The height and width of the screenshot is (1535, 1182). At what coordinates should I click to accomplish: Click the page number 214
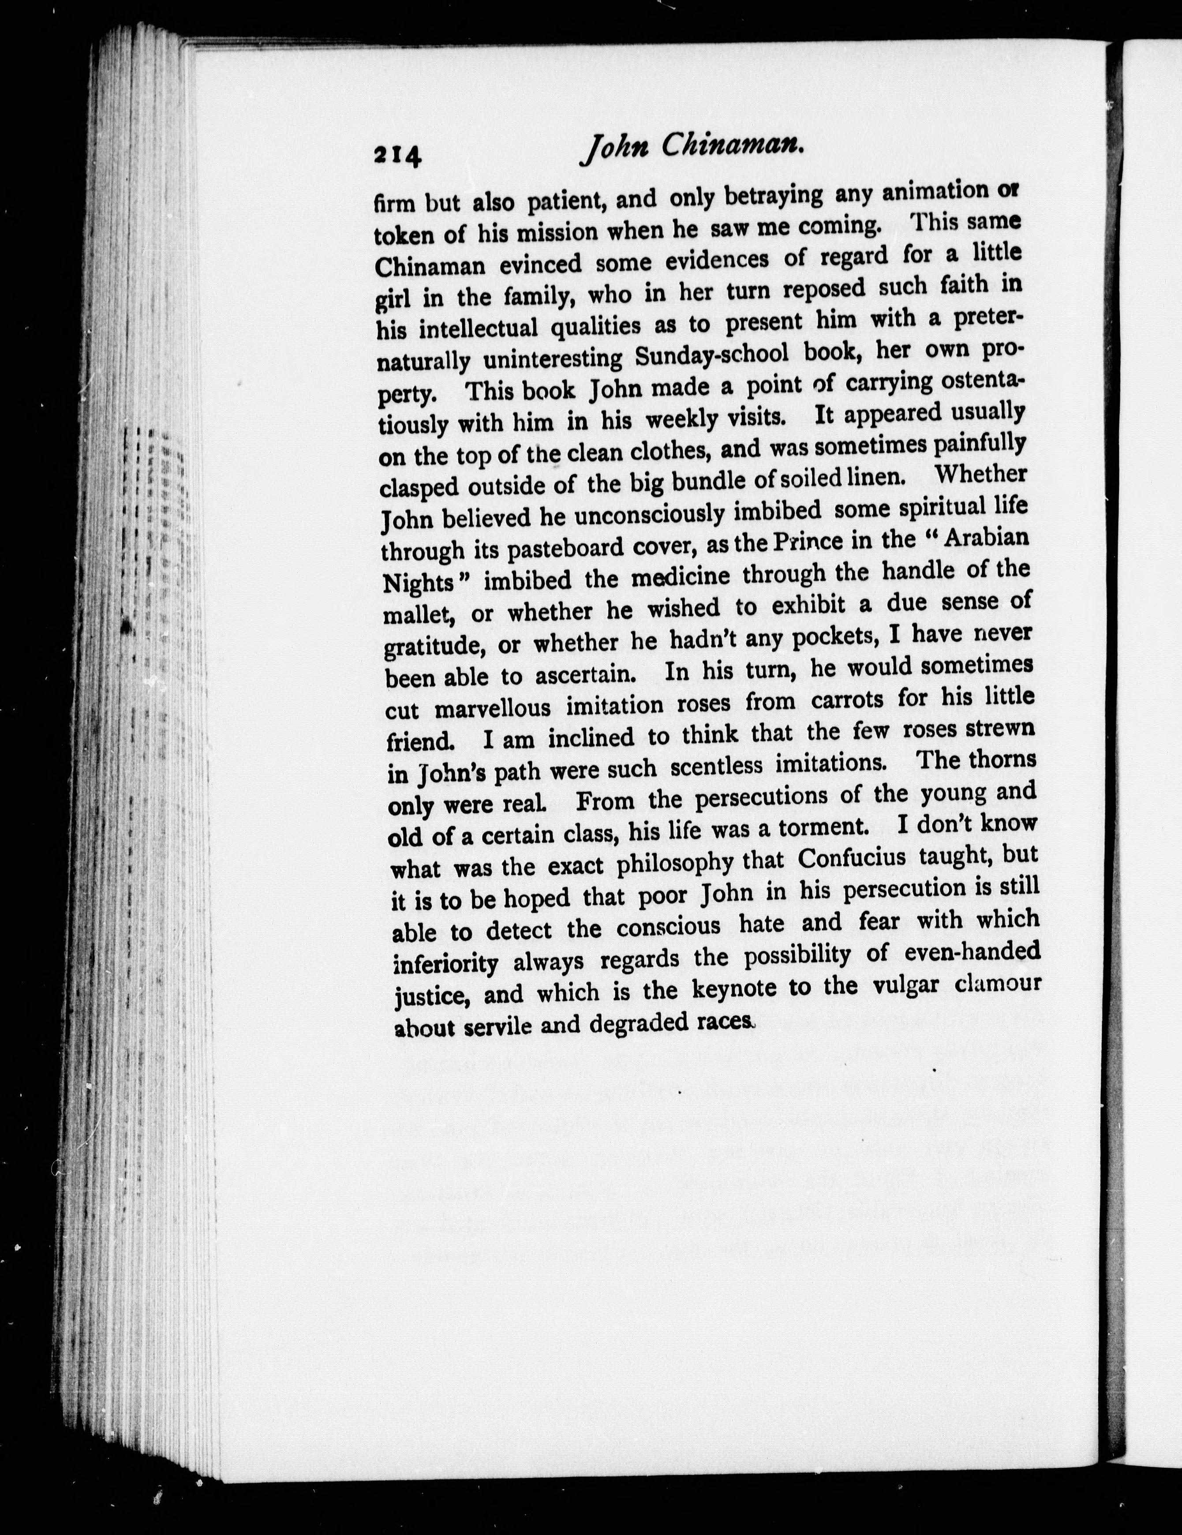click(x=398, y=155)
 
